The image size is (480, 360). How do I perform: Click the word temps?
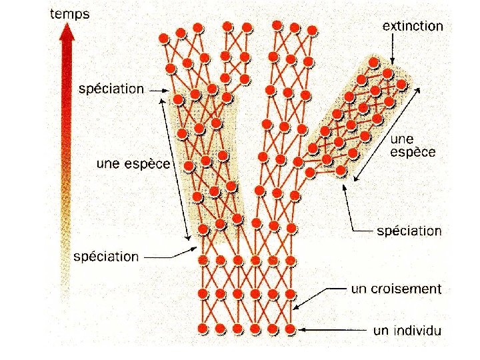point(69,13)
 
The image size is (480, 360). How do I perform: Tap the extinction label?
point(412,26)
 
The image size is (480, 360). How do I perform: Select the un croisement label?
point(396,289)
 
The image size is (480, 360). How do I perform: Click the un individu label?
point(407,330)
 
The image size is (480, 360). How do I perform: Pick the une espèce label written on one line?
point(133,163)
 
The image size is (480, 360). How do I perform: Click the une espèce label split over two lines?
point(413,145)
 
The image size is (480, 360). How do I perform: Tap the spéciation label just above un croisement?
point(409,231)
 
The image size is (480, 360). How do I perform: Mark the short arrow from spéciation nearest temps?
point(157,88)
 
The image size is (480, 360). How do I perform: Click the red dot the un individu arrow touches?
point(290,329)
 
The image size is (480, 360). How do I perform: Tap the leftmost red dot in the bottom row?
point(203,328)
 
